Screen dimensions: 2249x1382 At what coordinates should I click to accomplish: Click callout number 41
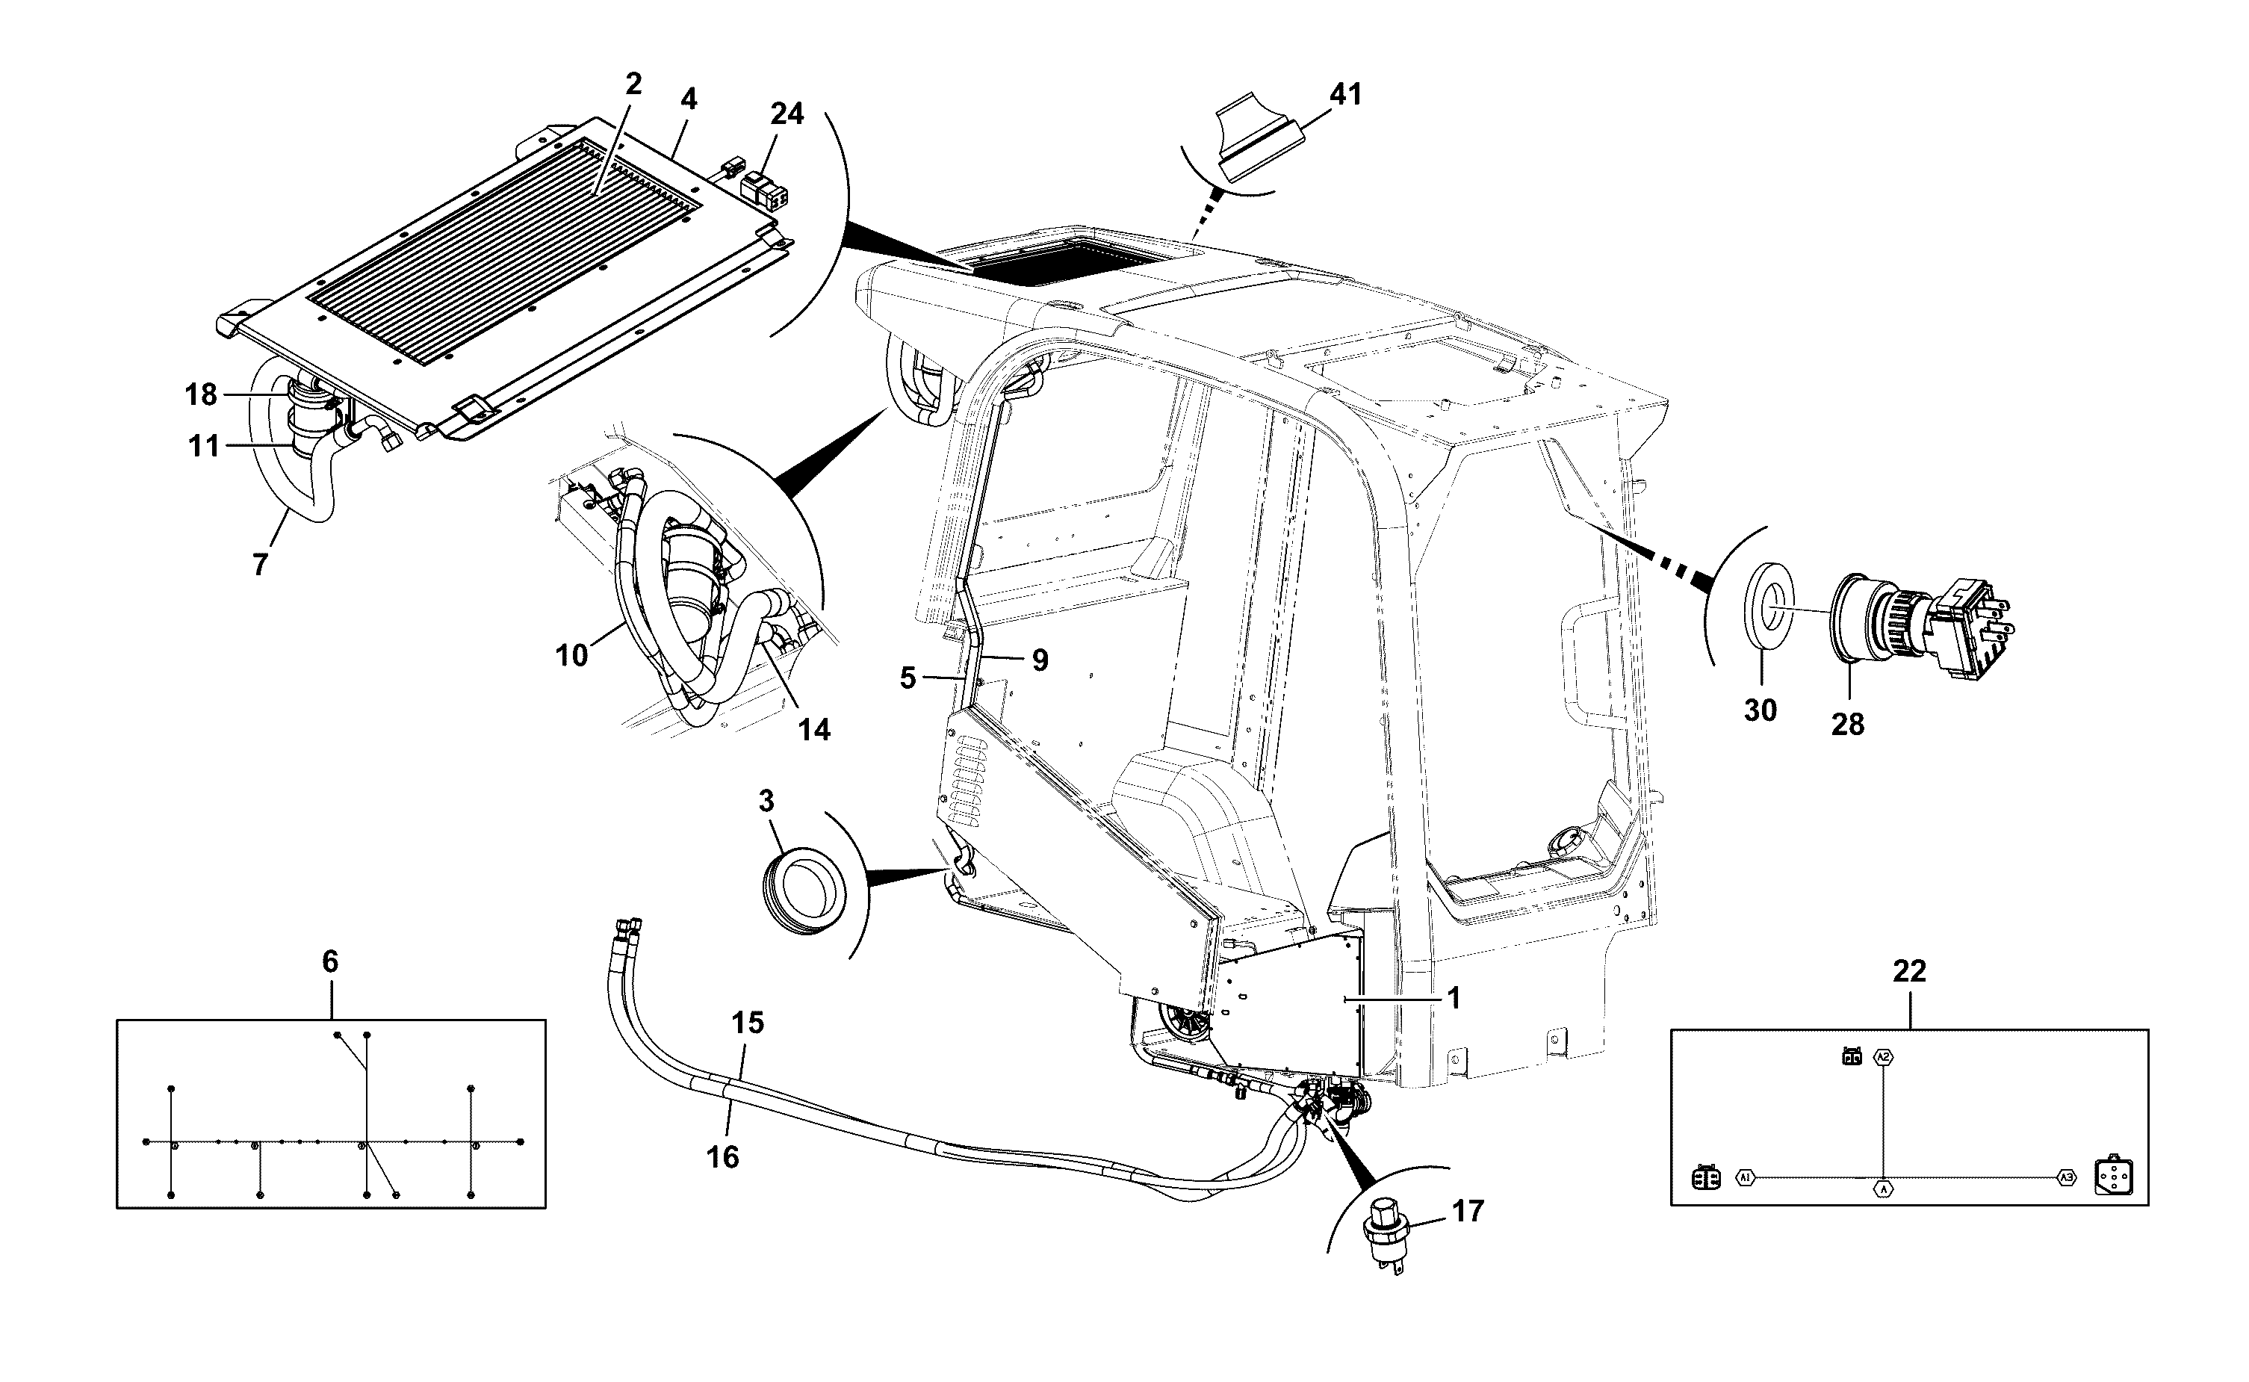tap(1345, 94)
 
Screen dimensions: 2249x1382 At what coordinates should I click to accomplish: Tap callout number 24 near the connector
tap(787, 114)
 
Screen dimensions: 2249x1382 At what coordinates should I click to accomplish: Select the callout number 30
tap(1760, 710)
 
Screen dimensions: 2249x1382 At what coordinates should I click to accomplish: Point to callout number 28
tap(1848, 725)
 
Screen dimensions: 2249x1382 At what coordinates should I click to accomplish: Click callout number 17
tap(1468, 1211)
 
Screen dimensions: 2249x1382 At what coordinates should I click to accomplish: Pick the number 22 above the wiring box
tap(1909, 972)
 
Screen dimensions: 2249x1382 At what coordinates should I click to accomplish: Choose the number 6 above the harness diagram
tap(330, 961)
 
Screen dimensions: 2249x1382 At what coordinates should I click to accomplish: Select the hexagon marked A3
tap(2066, 1178)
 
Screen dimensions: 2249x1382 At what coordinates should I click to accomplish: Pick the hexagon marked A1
tap(1746, 1177)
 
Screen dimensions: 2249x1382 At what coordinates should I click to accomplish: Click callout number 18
tap(201, 395)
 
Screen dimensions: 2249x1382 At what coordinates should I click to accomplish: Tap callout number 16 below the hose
tap(722, 1157)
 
